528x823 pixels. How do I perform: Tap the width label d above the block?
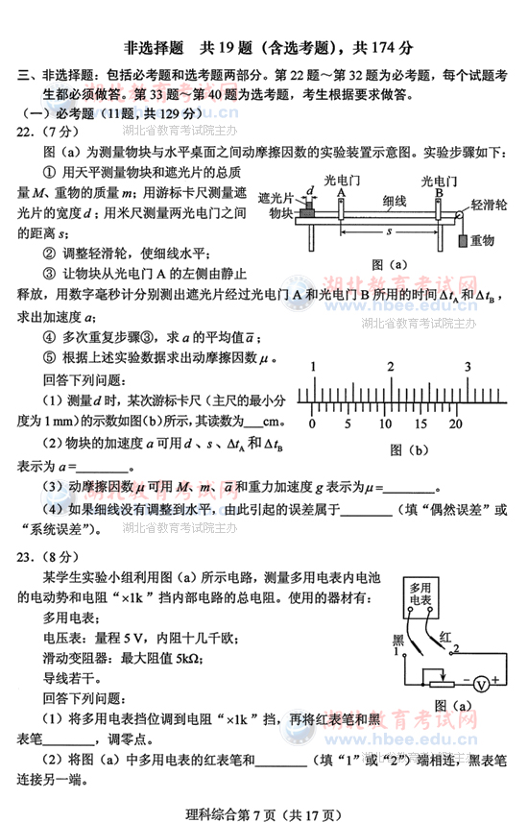click(x=311, y=190)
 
